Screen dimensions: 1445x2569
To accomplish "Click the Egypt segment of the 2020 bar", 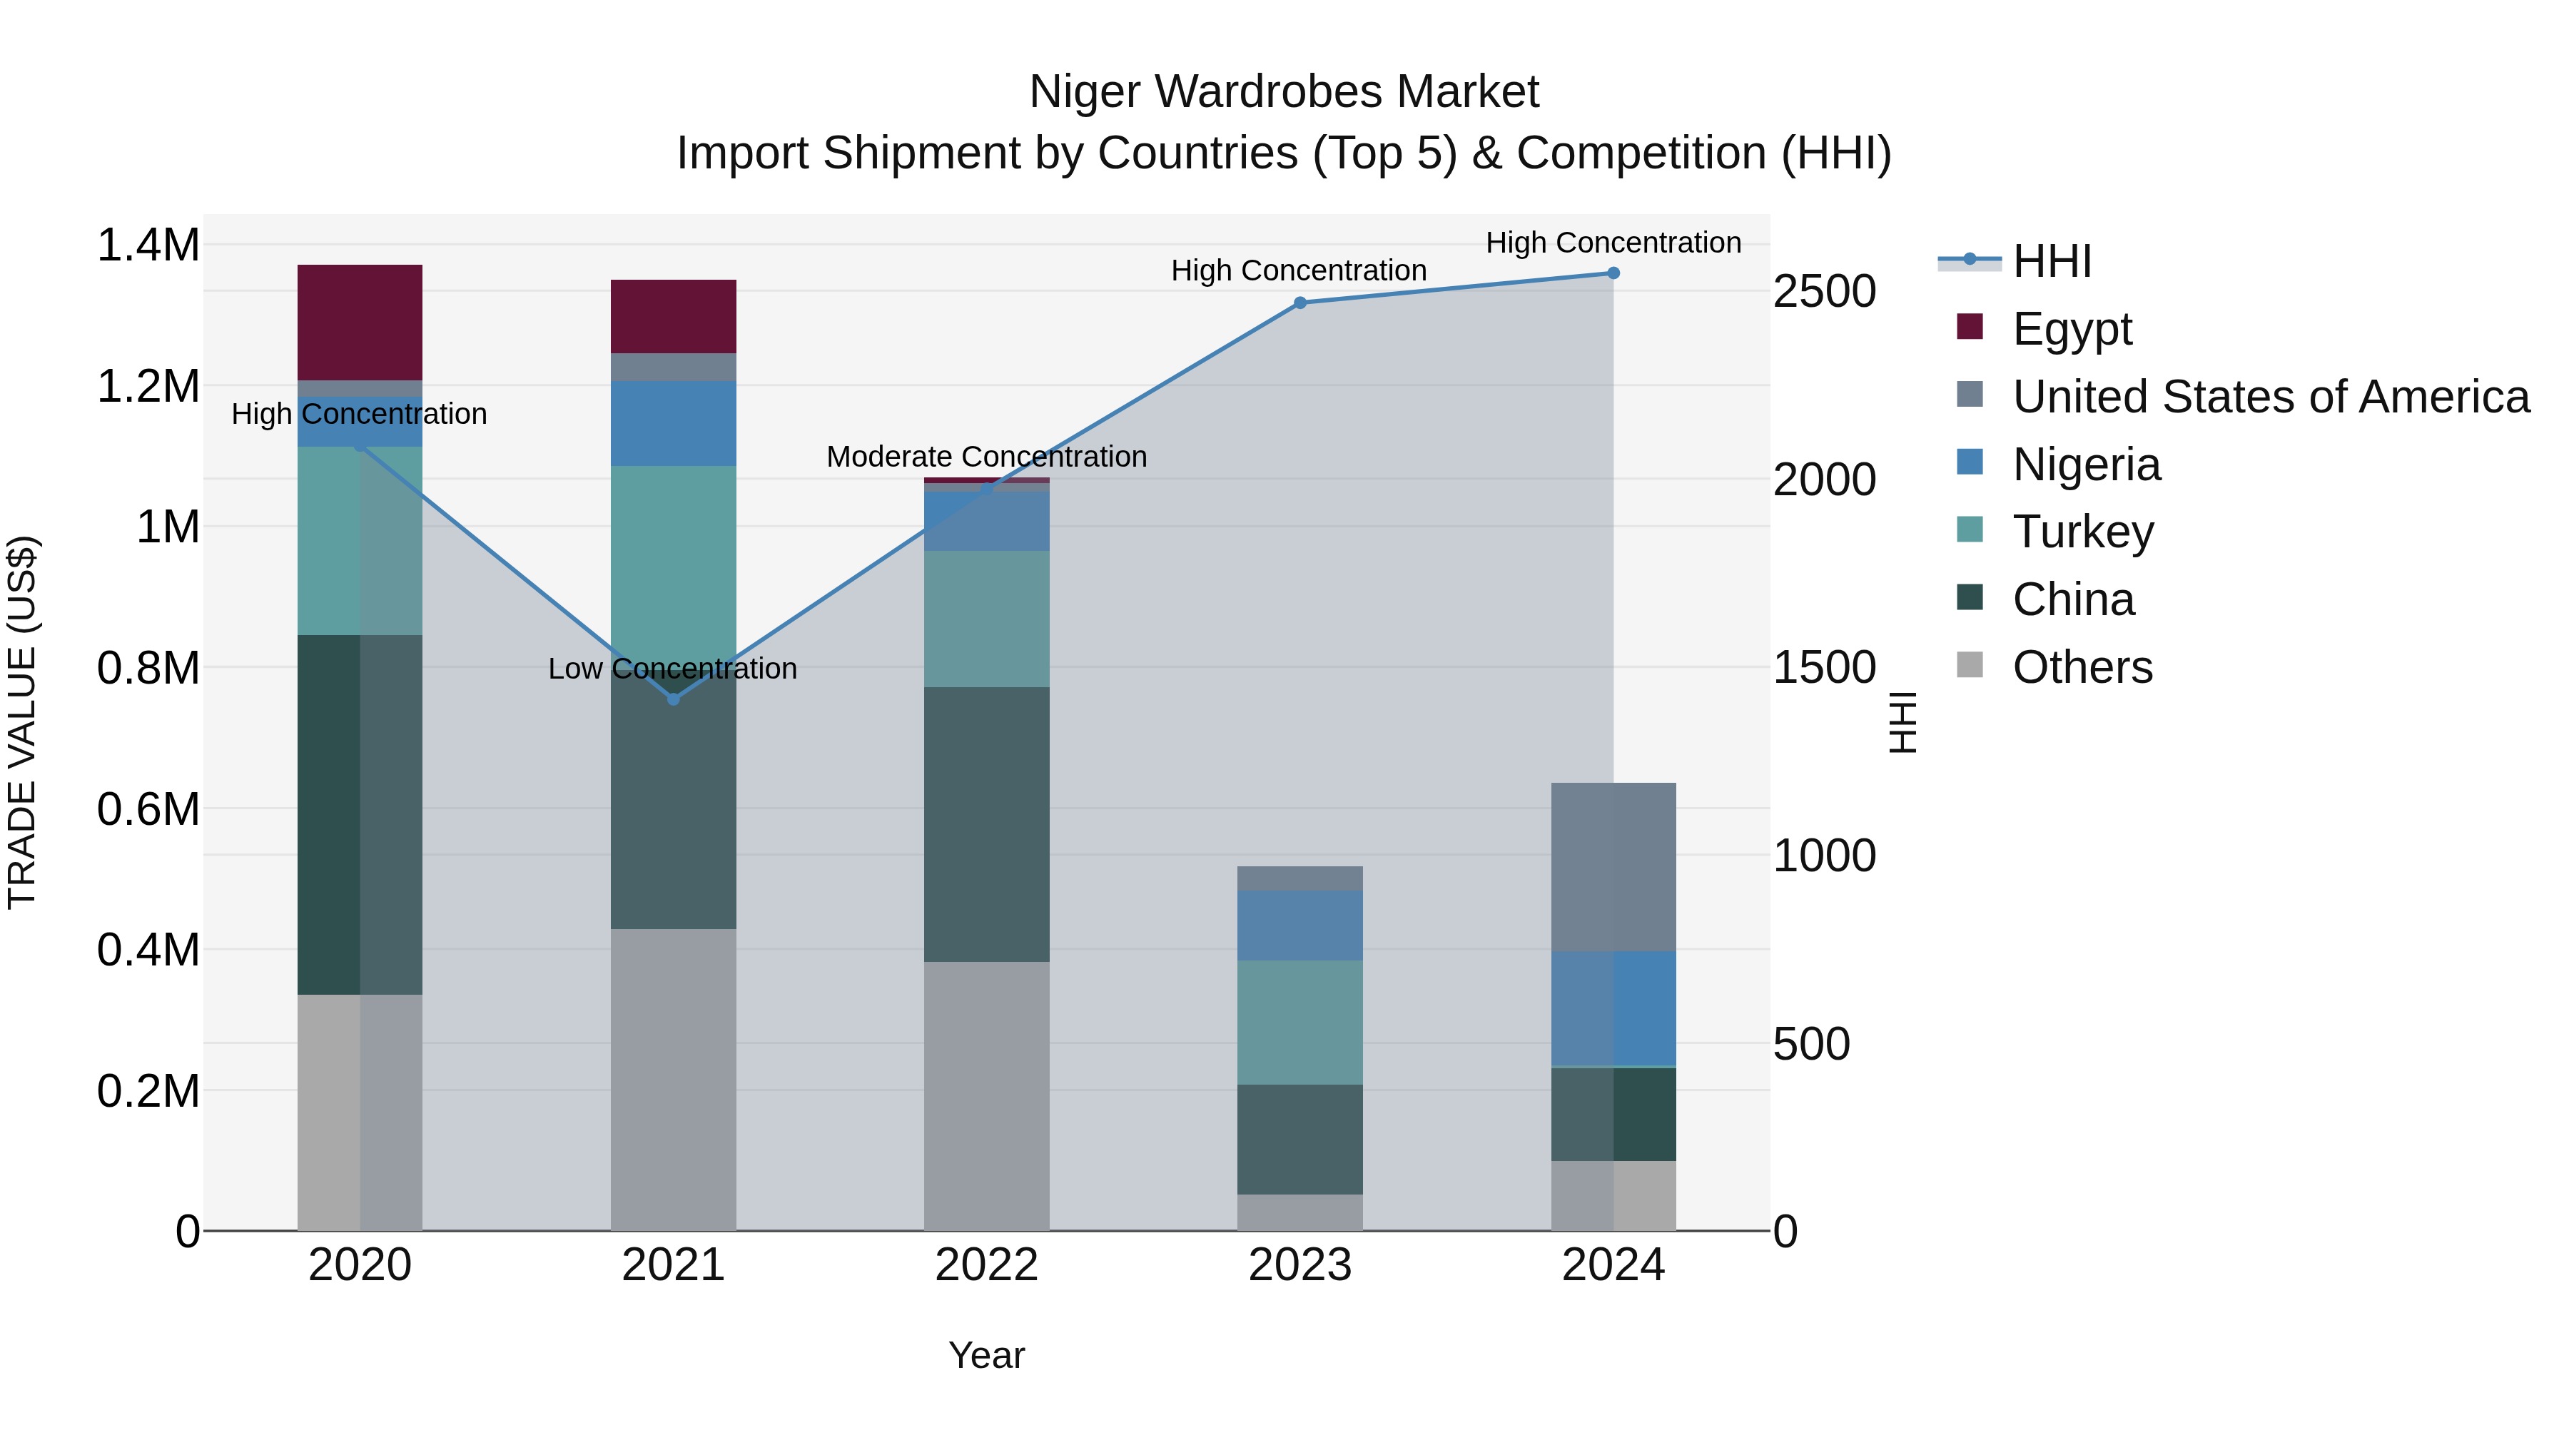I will (360, 321).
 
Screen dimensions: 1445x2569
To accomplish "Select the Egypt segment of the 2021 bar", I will (673, 316).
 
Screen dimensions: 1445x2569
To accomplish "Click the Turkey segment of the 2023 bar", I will (1299, 1022).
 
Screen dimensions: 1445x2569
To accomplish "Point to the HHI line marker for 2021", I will (673, 700).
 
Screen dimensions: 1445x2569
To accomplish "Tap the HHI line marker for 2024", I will (1613, 273).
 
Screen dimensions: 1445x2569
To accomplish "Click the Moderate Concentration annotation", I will (986, 457).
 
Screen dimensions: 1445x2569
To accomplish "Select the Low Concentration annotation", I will (673, 668).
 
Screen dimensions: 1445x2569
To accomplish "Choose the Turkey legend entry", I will (2082, 532).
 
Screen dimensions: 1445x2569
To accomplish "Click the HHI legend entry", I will (2052, 261).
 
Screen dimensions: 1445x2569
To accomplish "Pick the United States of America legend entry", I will (2270, 397).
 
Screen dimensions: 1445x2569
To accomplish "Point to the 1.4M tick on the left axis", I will (148, 245).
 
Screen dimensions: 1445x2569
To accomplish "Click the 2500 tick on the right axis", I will (1824, 292).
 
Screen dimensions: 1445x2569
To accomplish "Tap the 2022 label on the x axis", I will (986, 1265).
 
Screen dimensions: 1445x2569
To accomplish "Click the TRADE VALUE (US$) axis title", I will (23, 722).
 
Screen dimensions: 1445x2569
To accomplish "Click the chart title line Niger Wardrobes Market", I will (1284, 92).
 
